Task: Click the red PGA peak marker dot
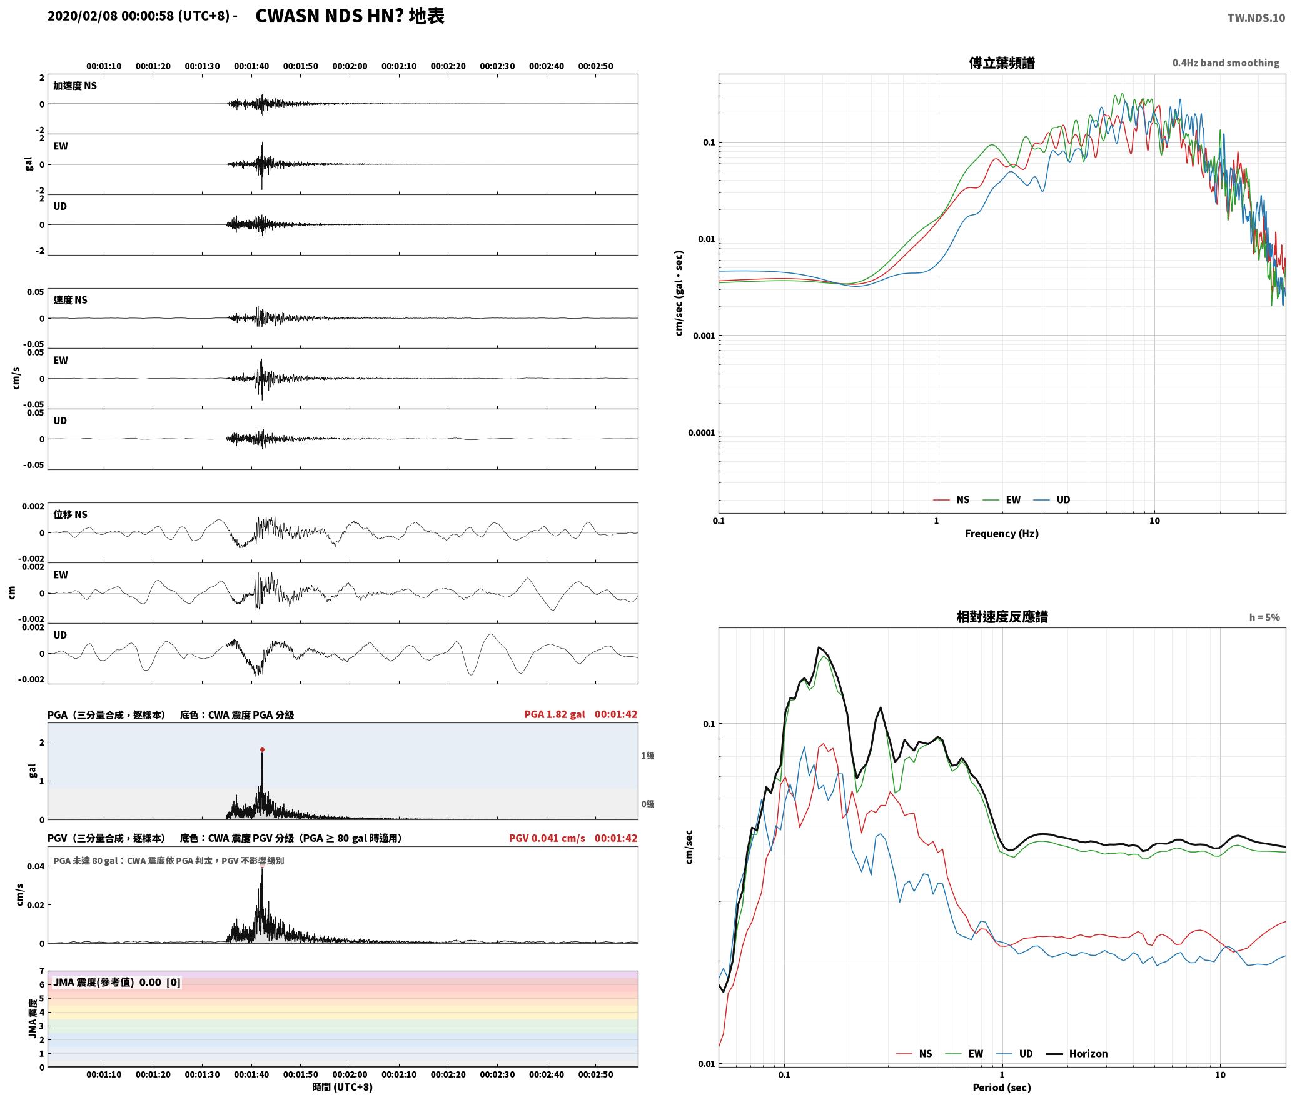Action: (262, 749)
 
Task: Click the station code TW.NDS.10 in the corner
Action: (1256, 18)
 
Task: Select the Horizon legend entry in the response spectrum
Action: (1088, 1053)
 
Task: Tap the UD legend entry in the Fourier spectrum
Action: (1063, 499)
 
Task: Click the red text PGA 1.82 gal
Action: (554, 714)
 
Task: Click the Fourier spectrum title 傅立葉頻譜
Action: (1001, 63)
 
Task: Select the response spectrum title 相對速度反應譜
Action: (1002, 617)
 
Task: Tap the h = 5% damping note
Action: (1264, 617)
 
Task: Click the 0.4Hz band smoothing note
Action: (1226, 63)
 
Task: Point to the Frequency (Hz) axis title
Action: (1001, 533)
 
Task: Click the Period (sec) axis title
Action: (1001, 1087)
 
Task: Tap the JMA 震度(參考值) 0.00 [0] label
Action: (117, 982)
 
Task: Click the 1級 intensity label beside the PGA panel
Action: (647, 756)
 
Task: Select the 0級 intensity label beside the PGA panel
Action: (647, 804)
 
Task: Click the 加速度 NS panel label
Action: (75, 86)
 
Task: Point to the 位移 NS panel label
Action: (70, 514)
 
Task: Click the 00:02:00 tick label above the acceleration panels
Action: (350, 66)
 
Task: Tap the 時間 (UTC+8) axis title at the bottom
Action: (342, 1087)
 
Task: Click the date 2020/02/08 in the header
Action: (82, 16)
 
